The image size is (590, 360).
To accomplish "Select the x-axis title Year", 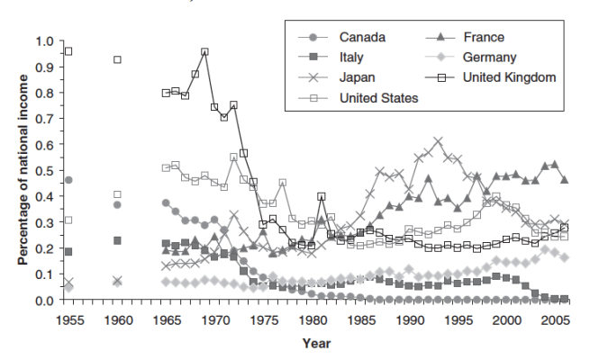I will point(316,342).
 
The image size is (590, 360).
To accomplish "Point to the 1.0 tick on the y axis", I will point(44,41).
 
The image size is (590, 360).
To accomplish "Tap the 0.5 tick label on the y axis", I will point(44,171).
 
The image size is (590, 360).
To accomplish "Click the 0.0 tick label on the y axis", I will point(44,301).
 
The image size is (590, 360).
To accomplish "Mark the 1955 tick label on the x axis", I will point(68,319).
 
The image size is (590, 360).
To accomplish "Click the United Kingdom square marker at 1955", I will point(68,51).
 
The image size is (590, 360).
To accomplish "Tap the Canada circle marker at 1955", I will point(68,180).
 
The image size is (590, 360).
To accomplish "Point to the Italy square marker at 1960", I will point(117,240).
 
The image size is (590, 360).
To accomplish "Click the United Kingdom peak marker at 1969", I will point(205,52).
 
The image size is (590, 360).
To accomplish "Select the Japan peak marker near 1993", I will point(439,141).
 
